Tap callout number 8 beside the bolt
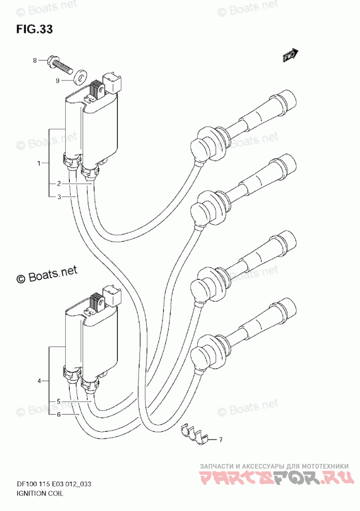pyautogui.click(x=35, y=61)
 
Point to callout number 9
pyautogui.click(x=58, y=80)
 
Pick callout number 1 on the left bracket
pyautogui.click(x=39, y=163)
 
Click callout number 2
pyautogui.click(x=59, y=184)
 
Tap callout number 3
pyautogui.click(x=59, y=197)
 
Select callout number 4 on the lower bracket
pyautogui.click(x=39, y=381)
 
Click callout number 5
pyautogui.click(x=59, y=401)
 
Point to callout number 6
pyautogui.click(x=59, y=414)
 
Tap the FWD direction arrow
pyautogui.click(x=291, y=55)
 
